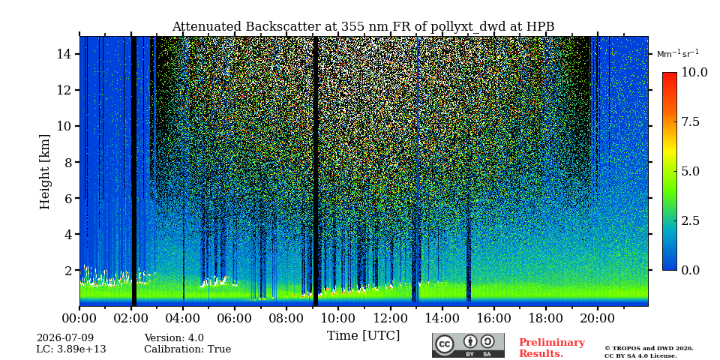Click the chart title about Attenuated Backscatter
pyautogui.click(x=363, y=27)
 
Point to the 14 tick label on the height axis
pyautogui.click(x=66, y=54)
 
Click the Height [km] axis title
pyautogui.click(x=44, y=172)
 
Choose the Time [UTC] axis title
pyautogui.click(x=363, y=335)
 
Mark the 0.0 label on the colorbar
pyautogui.click(x=690, y=270)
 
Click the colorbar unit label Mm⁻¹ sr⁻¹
pyautogui.click(x=678, y=54)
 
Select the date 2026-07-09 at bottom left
pyautogui.click(x=65, y=338)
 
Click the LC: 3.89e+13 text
pyautogui.click(x=71, y=349)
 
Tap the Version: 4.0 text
pyautogui.click(x=174, y=338)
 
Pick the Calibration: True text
pyautogui.click(x=187, y=349)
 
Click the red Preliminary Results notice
pyautogui.click(x=552, y=348)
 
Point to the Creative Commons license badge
pyautogui.click(x=468, y=345)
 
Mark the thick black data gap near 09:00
pyautogui.click(x=316, y=171)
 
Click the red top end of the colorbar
pyautogui.click(x=670, y=74)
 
